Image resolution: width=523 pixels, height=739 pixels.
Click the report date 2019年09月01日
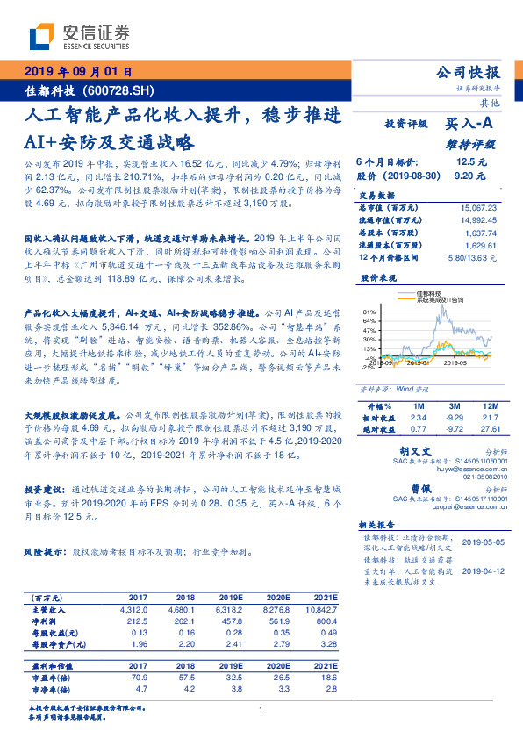click(77, 72)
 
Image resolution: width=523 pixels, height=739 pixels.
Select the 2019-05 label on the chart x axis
click(455, 362)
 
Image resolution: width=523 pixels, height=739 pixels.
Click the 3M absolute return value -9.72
click(454, 430)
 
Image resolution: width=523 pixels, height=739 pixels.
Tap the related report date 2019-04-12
click(483, 570)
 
